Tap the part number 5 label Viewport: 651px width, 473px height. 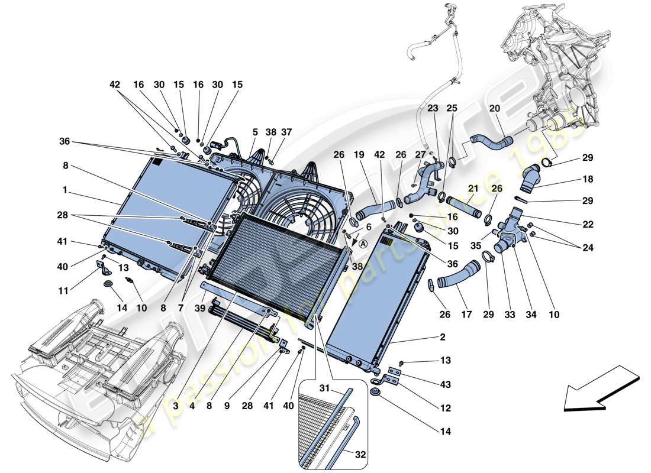[x=255, y=132]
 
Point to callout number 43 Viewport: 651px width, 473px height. [x=445, y=385]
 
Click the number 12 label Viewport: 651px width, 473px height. [x=445, y=409]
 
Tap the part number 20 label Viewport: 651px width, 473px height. [x=494, y=108]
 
